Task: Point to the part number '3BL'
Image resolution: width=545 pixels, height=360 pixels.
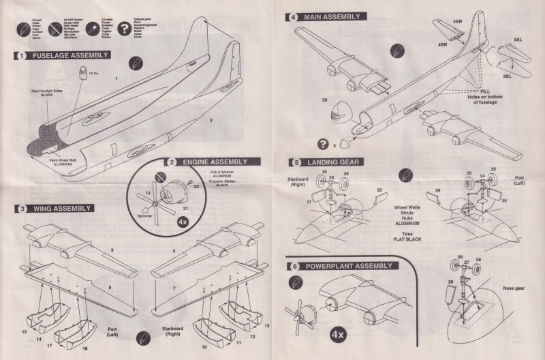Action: click(x=507, y=77)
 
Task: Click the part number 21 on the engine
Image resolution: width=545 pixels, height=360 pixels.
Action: click(x=186, y=211)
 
